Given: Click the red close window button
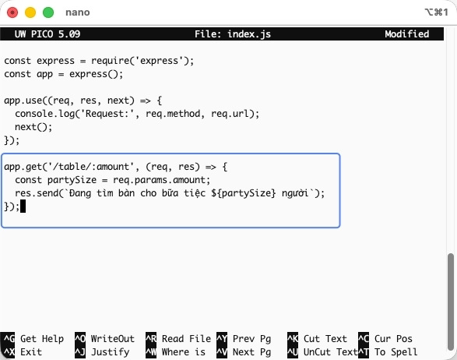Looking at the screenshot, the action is tap(12, 12).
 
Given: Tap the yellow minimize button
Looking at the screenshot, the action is tap(30, 12).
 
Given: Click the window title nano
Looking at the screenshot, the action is tap(78, 12).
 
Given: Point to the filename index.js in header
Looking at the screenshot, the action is tap(249, 34).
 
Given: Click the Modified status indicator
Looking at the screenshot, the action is tap(407, 34).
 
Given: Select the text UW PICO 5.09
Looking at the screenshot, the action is tap(47, 34).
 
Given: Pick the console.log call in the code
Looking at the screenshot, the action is tap(45, 114).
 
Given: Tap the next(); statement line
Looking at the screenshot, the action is tap(33, 127).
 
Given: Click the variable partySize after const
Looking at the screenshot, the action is tap(72, 180).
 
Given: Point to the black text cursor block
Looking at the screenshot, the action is tap(23, 206).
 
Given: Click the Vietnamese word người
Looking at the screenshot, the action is tap(295, 193).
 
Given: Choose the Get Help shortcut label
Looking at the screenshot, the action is tap(42, 339).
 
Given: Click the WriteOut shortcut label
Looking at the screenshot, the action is tap(113, 339).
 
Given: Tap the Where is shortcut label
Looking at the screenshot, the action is tap(184, 352).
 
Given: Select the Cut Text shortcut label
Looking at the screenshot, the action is tap(325, 339).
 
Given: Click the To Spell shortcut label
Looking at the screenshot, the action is tap(396, 352).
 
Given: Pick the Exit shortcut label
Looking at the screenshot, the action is tap(31, 352).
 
